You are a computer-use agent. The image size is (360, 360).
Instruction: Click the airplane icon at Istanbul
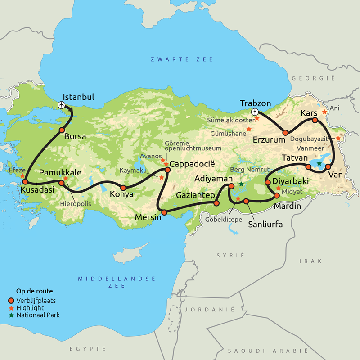point(62,105)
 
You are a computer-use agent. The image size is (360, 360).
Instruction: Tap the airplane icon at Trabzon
point(255,112)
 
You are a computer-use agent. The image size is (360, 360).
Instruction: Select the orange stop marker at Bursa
point(62,130)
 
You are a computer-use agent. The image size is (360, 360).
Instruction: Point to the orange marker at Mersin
point(164,212)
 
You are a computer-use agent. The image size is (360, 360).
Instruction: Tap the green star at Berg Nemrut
point(241,184)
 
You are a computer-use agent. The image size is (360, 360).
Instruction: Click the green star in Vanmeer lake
point(319,163)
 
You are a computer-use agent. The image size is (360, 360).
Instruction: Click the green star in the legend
point(11,315)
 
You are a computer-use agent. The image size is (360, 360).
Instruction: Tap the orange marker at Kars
point(315,120)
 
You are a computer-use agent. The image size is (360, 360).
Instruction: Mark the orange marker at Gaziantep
point(216,203)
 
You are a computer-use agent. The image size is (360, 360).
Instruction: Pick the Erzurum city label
point(269,140)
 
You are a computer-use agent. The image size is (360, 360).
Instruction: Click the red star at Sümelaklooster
point(257,119)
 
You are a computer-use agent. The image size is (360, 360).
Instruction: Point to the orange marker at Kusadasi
point(26,182)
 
